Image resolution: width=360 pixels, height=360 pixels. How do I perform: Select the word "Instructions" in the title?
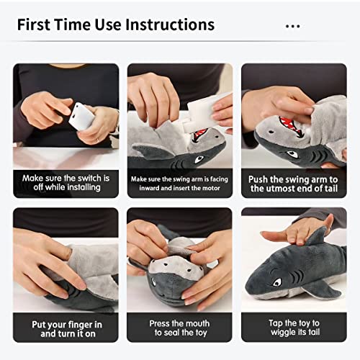[x=170, y=24]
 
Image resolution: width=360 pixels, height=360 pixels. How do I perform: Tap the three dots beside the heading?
[x=292, y=26]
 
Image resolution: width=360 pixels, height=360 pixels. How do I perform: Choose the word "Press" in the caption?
[x=162, y=323]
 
